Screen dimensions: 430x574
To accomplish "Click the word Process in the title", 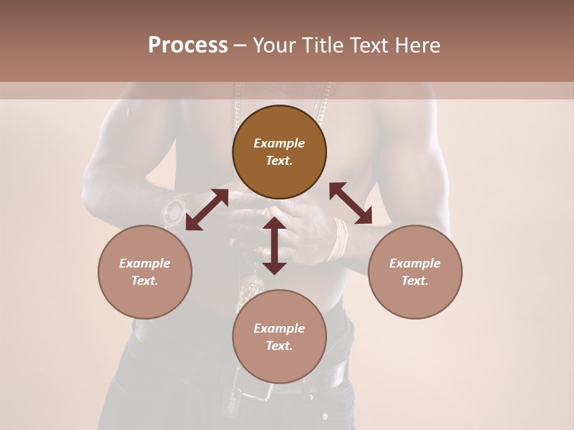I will click(x=188, y=45).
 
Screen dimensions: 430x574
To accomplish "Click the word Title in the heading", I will click(x=320, y=45).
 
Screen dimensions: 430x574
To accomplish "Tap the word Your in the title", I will click(x=273, y=45).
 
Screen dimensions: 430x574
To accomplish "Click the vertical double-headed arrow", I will click(x=274, y=245).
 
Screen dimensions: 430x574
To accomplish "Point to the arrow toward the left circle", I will click(x=207, y=209).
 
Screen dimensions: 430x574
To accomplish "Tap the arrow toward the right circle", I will click(x=350, y=204).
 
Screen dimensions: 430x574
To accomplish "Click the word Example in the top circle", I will click(x=279, y=143).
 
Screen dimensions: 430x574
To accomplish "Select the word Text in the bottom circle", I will click(x=279, y=346).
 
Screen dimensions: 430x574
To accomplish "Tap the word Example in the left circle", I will click(x=145, y=263).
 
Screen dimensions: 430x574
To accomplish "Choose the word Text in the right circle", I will click(x=415, y=281).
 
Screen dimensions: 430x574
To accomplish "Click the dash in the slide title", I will click(x=240, y=45).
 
